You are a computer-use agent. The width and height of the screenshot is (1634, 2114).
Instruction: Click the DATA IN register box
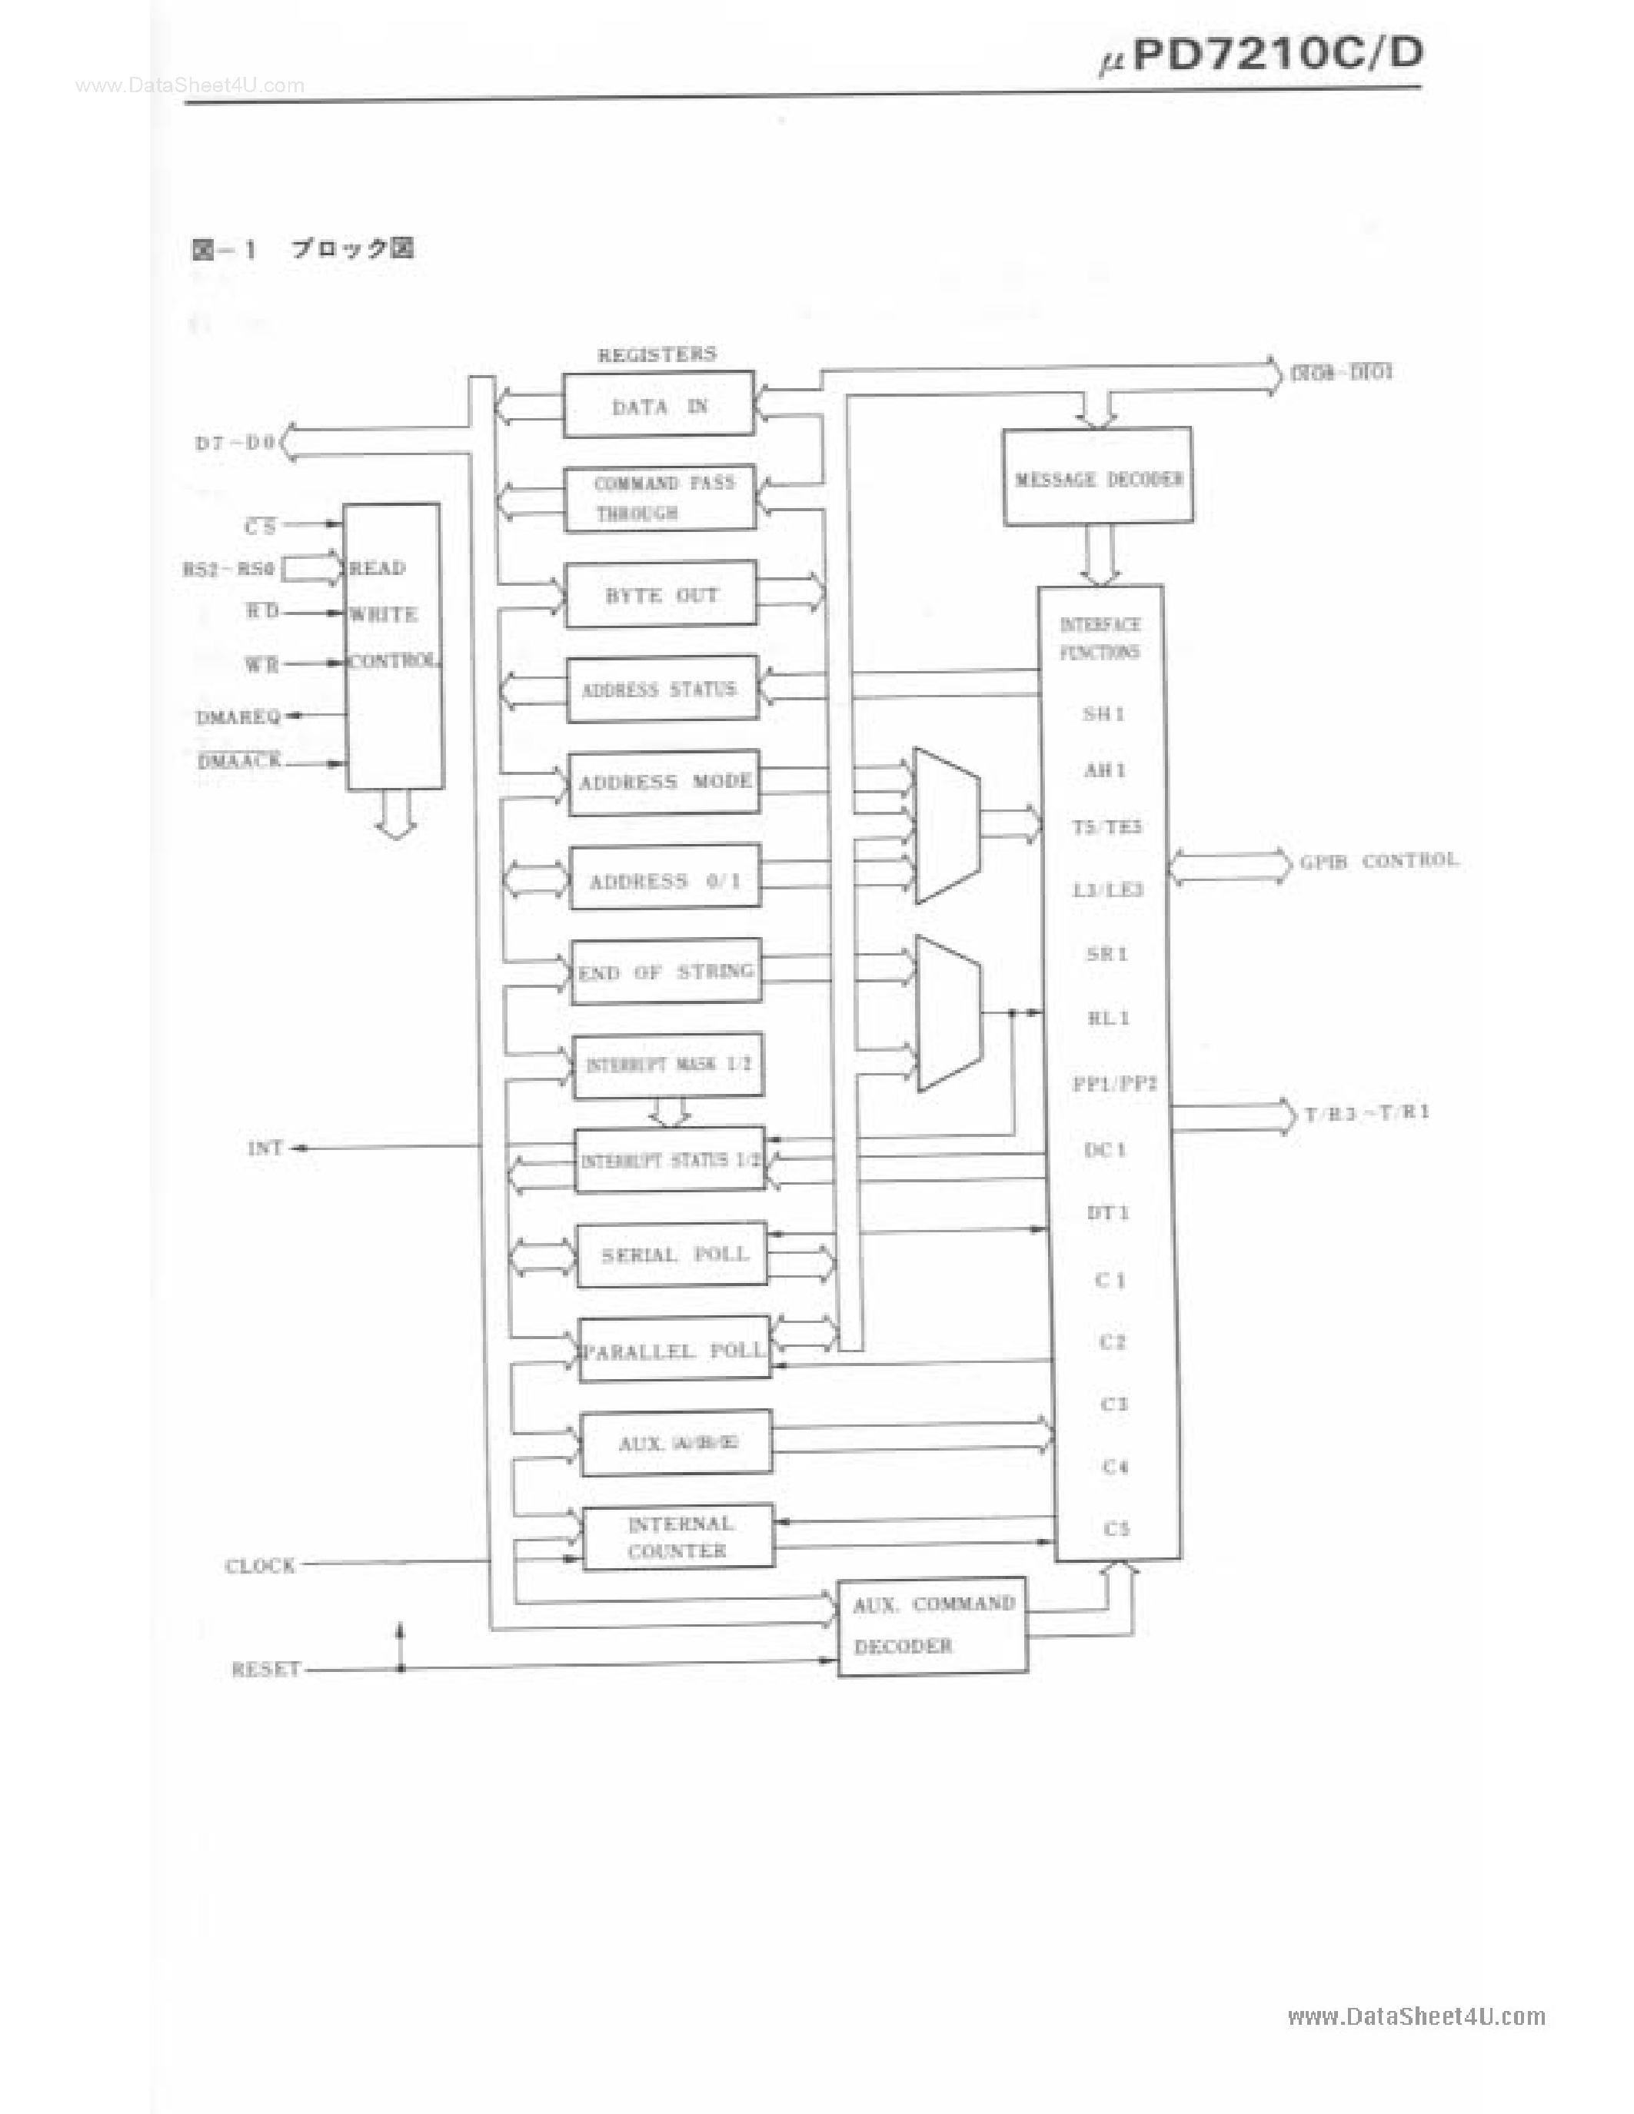(658, 404)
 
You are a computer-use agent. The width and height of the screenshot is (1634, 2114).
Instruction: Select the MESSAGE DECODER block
(1098, 478)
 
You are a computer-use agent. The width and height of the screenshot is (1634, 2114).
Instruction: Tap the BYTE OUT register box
(661, 594)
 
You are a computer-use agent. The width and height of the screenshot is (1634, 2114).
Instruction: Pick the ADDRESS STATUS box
(662, 690)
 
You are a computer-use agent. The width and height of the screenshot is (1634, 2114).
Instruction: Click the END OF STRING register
(666, 971)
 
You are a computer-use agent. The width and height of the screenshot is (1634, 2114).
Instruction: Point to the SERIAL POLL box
(673, 1255)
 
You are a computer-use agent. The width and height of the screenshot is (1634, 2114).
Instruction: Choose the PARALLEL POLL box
(674, 1349)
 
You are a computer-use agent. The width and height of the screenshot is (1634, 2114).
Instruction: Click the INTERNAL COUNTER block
(678, 1536)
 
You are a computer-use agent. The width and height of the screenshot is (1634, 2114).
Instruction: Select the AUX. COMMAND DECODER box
(932, 1625)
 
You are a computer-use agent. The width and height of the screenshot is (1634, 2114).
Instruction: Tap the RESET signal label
(265, 1669)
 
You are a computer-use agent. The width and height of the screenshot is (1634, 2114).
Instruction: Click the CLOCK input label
(259, 1565)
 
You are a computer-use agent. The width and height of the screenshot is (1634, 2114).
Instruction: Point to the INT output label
(265, 1148)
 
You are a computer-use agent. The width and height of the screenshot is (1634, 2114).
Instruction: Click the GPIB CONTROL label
(1379, 860)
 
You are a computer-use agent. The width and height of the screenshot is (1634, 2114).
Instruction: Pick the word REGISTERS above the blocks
(657, 354)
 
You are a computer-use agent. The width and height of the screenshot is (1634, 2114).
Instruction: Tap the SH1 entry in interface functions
(1103, 713)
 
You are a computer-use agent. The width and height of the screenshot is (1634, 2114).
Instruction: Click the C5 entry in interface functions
(1116, 1528)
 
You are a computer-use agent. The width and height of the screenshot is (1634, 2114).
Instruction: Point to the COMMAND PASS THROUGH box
(661, 497)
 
